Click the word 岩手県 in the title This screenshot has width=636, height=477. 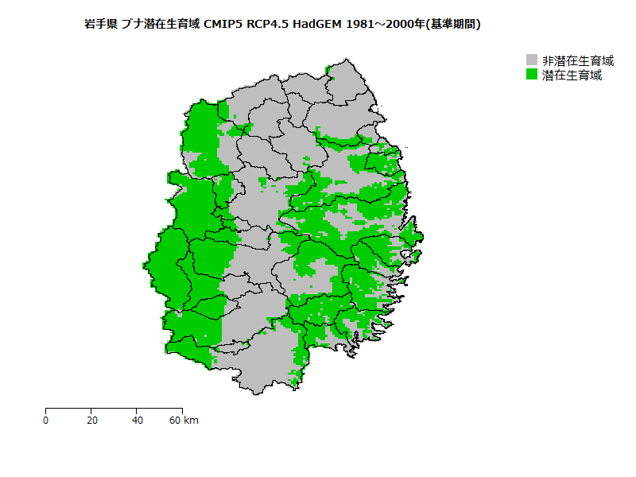(x=100, y=25)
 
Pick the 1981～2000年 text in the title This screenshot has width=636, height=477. (x=385, y=25)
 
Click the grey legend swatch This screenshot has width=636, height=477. (x=533, y=60)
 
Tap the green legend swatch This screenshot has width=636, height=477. (x=533, y=76)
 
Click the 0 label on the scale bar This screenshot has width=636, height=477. (x=46, y=421)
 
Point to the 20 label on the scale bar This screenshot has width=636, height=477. (x=91, y=421)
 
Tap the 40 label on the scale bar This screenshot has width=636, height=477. (x=138, y=421)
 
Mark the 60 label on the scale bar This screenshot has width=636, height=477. (x=176, y=421)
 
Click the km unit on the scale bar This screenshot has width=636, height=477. (x=191, y=421)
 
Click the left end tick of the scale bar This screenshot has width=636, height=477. (x=46, y=410)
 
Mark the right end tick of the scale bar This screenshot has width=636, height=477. (x=182, y=410)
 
